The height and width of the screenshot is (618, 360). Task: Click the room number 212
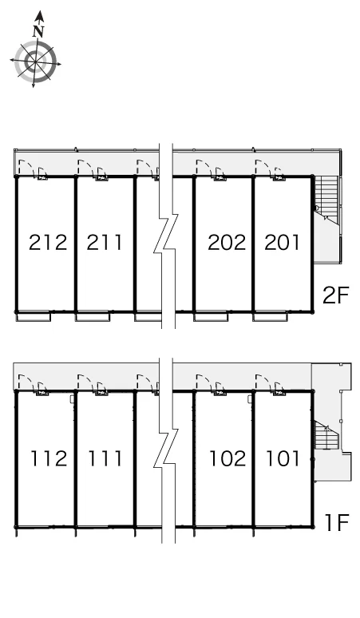(x=48, y=243)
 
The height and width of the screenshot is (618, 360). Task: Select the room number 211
(x=105, y=243)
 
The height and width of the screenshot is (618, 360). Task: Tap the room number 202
(x=227, y=243)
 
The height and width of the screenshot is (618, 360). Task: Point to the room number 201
(x=282, y=243)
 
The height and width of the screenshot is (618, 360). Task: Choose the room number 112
(x=49, y=458)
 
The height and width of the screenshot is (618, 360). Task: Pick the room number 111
(x=105, y=458)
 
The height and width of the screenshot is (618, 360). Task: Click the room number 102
(x=227, y=458)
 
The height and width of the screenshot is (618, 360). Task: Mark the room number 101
(x=283, y=458)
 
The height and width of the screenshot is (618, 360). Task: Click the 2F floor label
(x=336, y=295)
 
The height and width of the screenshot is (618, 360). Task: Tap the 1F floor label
(x=338, y=522)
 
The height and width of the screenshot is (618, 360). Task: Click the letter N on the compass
(x=38, y=31)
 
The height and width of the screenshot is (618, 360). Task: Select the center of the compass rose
(x=35, y=61)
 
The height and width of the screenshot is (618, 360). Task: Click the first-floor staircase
(x=326, y=434)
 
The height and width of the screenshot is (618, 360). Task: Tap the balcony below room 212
(x=34, y=316)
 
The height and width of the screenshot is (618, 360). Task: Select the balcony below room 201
(x=270, y=316)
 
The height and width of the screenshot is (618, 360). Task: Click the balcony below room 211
(x=93, y=316)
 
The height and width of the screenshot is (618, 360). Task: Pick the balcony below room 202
(x=211, y=316)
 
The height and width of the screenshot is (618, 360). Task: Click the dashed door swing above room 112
(x=26, y=382)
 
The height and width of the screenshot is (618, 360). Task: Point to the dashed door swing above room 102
(x=204, y=382)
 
